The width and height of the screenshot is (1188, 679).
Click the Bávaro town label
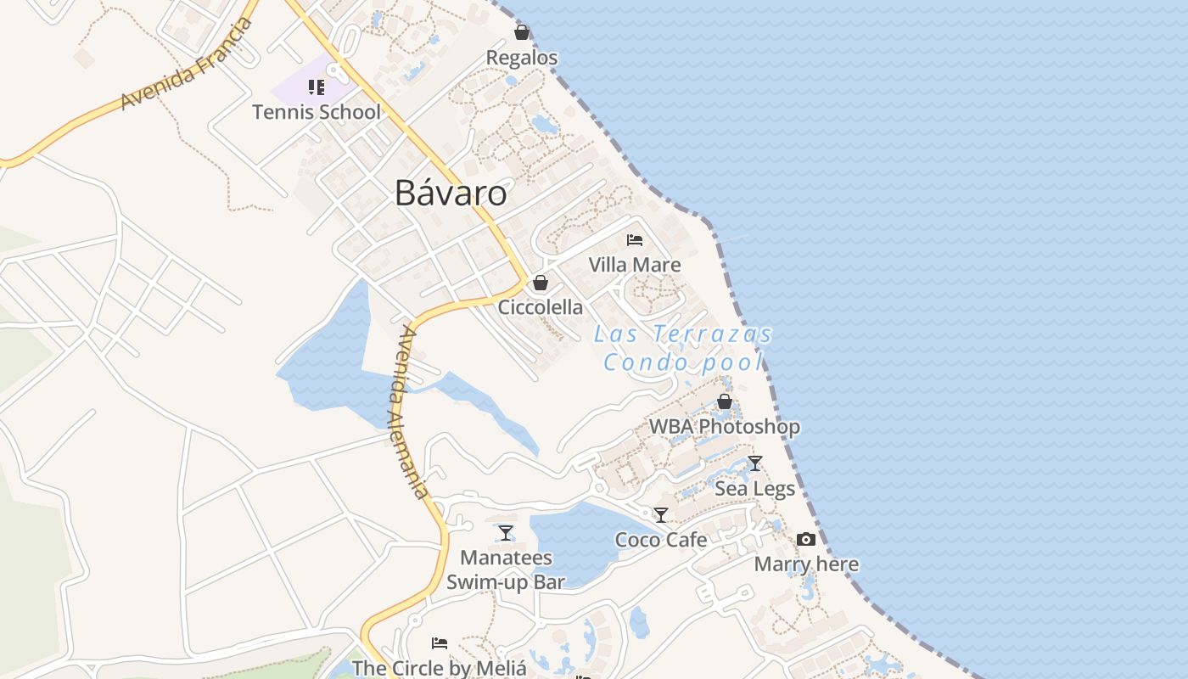point(451,194)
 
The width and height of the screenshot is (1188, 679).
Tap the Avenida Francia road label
point(187,63)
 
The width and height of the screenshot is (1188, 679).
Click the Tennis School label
point(317,111)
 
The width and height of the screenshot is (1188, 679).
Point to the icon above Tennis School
point(317,87)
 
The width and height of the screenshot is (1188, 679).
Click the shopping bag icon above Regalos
point(522,32)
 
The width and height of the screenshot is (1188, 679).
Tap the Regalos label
point(522,58)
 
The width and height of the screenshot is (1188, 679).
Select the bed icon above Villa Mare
point(635,240)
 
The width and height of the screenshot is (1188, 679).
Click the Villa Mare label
point(635,265)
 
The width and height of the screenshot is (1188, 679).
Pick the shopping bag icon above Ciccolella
point(541,283)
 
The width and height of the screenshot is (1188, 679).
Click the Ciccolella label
point(541,307)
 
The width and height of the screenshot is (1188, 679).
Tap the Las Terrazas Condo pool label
point(683,349)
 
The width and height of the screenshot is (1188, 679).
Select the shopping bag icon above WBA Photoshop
point(725,401)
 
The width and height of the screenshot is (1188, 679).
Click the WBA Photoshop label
point(725,426)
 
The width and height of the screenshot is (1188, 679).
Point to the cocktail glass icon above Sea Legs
point(755,463)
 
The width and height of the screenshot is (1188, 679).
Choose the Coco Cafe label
point(661,540)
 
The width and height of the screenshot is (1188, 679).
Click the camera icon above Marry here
point(806,540)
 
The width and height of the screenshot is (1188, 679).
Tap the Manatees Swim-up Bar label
point(506,570)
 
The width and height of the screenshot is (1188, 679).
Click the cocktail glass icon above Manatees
point(506,533)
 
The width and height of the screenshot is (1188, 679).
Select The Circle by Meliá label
point(440,668)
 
